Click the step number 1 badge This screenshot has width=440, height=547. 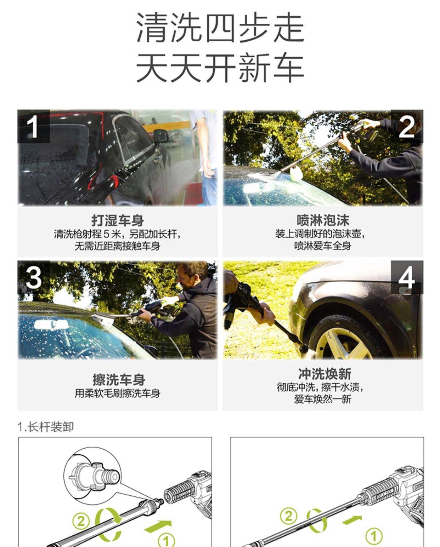(x=33, y=126)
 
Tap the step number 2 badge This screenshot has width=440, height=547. (x=406, y=126)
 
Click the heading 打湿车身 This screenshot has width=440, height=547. (x=118, y=220)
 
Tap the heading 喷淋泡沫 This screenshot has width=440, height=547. (x=323, y=220)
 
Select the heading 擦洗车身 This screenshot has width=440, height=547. (x=119, y=379)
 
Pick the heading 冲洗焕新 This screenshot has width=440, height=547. (x=324, y=373)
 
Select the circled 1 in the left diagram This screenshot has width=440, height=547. (x=166, y=539)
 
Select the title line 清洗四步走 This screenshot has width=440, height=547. (x=220, y=28)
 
